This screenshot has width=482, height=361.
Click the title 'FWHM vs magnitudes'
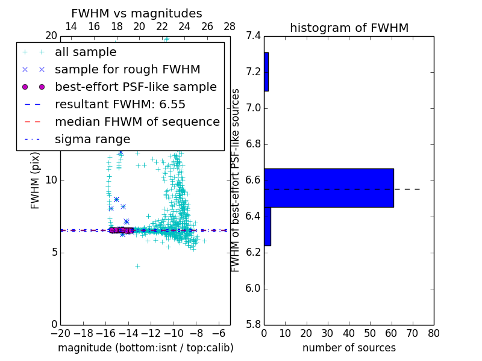(x=137, y=14)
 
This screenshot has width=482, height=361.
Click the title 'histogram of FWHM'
(x=349, y=28)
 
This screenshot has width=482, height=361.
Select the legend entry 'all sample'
(x=86, y=52)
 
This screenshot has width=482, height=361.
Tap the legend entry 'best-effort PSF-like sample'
(x=136, y=87)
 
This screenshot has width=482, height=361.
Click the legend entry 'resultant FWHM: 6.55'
(x=120, y=104)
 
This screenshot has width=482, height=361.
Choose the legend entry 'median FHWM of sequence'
(x=137, y=122)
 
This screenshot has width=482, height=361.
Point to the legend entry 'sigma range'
(x=92, y=139)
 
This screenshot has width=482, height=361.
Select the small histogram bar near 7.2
(x=266, y=72)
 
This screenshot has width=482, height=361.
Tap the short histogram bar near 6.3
(x=267, y=226)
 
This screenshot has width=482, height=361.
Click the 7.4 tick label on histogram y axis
(x=253, y=36)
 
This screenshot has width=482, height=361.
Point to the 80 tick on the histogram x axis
(x=433, y=333)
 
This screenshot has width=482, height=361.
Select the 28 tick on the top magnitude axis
(x=230, y=26)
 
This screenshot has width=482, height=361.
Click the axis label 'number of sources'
(x=349, y=348)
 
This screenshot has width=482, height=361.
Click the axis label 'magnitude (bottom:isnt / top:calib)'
(x=145, y=348)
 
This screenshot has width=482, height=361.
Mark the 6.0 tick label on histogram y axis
(x=253, y=288)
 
